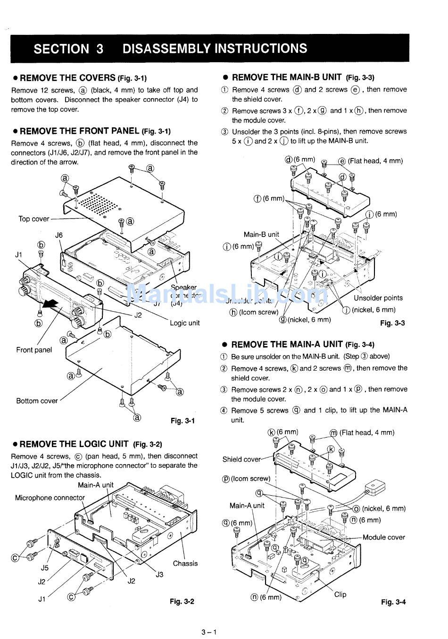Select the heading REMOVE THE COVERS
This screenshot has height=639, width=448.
tap(67, 78)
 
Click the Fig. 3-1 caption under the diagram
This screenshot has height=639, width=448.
tap(183, 421)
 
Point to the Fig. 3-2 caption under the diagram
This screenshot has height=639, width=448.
tap(182, 601)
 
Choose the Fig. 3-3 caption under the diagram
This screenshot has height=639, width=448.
tap(392, 323)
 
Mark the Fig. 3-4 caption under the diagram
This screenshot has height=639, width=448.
tap(393, 602)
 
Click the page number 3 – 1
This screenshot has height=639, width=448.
tap(208, 632)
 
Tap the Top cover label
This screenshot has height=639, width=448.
tap(33, 219)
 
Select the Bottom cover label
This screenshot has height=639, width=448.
tap(37, 401)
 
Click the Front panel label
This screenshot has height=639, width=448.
tap(34, 350)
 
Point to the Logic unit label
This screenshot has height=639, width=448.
tap(185, 323)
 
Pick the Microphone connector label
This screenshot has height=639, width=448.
tap(50, 498)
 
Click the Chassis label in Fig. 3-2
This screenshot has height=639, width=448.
tap(185, 563)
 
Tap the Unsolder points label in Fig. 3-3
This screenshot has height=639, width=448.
tap(378, 298)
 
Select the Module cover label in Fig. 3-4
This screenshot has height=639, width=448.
tap(384, 537)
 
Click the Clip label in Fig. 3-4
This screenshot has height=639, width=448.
tap(340, 595)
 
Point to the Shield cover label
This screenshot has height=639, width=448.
tap(241, 459)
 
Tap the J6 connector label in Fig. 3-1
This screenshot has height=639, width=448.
tap(59, 235)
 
